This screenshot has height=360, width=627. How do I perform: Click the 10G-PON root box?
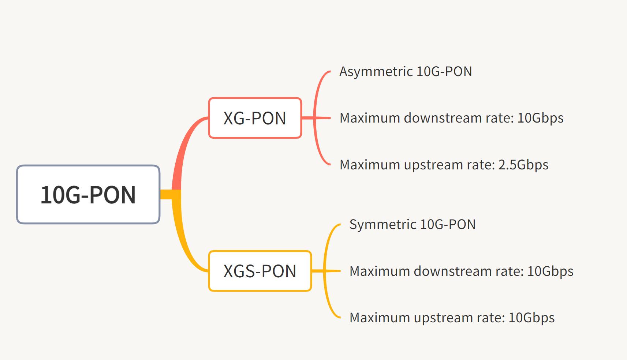[x=88, y=194]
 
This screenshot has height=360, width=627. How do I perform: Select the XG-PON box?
[x=255, y=118]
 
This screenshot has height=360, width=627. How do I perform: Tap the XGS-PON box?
[x=260, y=271]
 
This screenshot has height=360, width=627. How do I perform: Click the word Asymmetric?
[x=376, y=72]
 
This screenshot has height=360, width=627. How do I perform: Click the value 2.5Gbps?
[x=523, y=165]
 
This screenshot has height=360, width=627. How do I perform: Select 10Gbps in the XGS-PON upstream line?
[x=531, y=318]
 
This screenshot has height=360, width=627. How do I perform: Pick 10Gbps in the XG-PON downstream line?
[x=540, y=118]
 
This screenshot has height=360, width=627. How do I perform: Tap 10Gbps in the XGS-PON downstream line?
[x=550, y=271]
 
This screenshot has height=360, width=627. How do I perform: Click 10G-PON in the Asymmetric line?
[x=444, y=72]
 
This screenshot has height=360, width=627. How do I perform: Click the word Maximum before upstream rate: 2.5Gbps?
[x=370, y=165]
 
